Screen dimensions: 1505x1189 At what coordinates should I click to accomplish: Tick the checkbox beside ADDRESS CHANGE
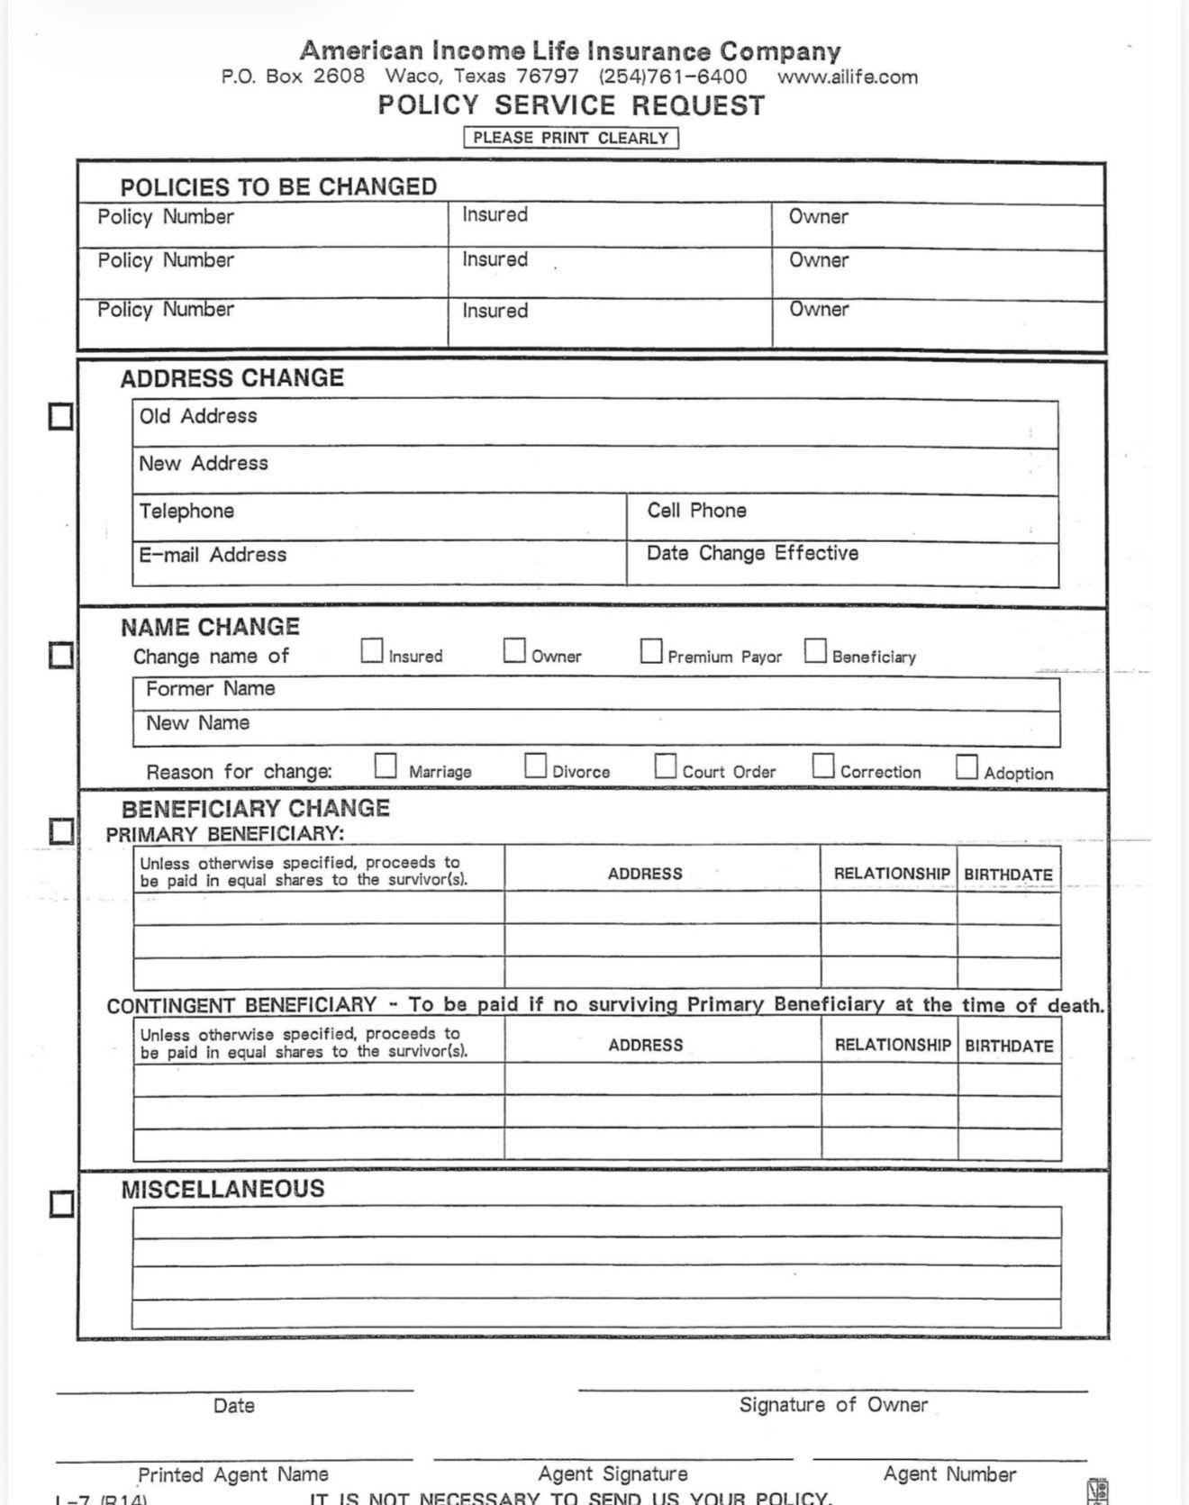[x=60, y=416]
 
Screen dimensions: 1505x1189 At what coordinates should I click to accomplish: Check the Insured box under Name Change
[x=371, y=650]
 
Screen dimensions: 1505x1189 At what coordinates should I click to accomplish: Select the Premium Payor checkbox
[x=650, y=650]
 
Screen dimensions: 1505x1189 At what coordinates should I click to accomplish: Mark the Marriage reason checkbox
[x=386, y=766]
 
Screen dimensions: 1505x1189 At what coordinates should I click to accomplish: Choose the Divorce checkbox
[x=535, y=766]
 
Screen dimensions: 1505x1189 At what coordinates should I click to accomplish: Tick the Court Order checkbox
[x=666, y=766]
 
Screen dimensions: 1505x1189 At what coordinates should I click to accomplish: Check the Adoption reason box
[x=967, y=767]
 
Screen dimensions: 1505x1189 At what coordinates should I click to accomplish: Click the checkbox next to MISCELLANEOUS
[x=61, y=1204]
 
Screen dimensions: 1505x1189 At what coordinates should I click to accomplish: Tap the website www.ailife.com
[x=848, y=77]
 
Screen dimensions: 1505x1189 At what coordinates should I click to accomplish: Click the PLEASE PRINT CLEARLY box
[x=571, y=138]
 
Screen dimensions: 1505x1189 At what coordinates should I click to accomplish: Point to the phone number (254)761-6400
[x=673, y=77]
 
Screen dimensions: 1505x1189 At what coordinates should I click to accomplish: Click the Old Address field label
[x=198, y=416]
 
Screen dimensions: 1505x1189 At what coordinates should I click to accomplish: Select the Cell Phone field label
[x=696, y=511]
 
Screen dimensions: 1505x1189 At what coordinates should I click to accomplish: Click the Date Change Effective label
[x=752, y=553]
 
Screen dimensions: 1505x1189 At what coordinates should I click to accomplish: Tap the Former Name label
[x=210, y=689]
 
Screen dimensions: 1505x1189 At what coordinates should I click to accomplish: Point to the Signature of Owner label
[x=833, y=1405]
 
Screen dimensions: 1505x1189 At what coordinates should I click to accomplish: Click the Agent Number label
[x=949, y=1474]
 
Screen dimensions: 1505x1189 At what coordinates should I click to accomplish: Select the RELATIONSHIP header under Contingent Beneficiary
[x=892, y=1045]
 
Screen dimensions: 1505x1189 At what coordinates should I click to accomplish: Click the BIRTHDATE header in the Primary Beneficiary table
[x=1008, y=875]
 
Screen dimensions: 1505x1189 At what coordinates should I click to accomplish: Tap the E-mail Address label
[x=213, y=555]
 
